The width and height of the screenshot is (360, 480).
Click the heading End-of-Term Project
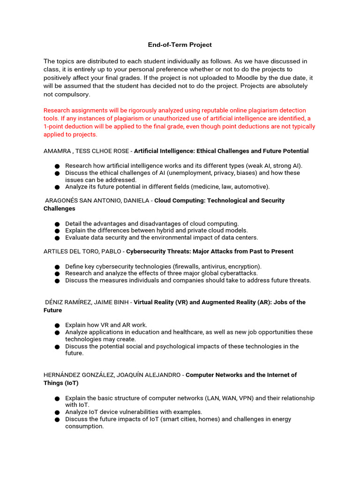pyautogui.click(x=180, y=45)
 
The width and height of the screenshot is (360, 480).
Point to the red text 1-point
pyautogui.click(x=56, y=127)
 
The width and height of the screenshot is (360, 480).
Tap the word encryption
pyautogui.click(x=244, y=266)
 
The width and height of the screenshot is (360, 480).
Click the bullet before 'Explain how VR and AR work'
pyautogui.click(x=57, y=325)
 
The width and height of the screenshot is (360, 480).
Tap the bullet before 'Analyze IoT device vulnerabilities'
pyautogui.click(x=57, y=412)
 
